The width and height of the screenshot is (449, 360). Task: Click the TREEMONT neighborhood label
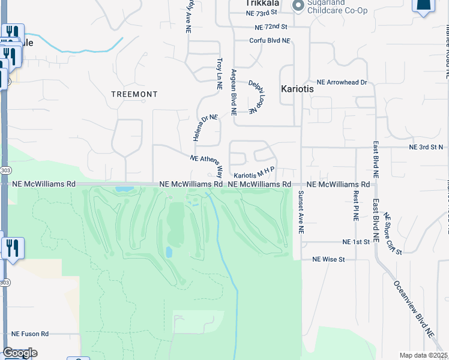pyautogui.click(x=134, y=94)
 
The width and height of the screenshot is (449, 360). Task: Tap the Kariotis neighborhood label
pyautogui.click(x=297, y=88)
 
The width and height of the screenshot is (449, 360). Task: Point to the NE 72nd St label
pyautogui.click(x=271, y=27)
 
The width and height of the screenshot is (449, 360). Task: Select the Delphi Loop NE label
pyautogui.click(x=257, y=96)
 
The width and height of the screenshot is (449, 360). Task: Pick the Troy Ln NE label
pyautogui.click(x=220, y=74)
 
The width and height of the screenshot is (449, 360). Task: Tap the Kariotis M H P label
pyautogui.click(x=254, y=172)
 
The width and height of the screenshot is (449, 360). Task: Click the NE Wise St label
pyautogui.click(x=328, y=259)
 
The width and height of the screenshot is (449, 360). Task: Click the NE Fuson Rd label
pyautogui.click(x=29, y=334)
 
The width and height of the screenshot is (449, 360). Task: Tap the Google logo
pyautogui.click(x=20, y=352)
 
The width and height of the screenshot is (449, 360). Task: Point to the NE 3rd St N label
pyautogui.click(x=426, y=147)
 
